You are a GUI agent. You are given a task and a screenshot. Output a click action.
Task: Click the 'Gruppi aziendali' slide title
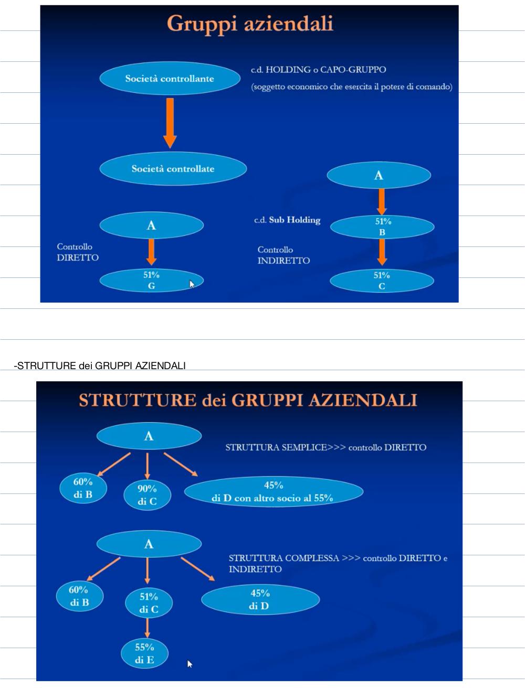[250, 24]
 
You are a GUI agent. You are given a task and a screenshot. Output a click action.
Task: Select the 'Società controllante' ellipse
[170, 78]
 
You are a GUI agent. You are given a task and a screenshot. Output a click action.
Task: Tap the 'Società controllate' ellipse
[173, 169]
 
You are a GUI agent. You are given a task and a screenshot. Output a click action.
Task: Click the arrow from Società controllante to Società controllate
[170, 123]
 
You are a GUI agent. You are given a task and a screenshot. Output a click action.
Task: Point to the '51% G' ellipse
[152, 281]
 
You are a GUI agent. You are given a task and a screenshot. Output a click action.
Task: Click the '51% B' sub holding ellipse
[382, 227]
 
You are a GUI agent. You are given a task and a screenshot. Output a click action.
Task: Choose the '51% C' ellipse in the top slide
[382, 281]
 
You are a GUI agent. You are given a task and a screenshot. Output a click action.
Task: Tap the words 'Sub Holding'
[295, 220]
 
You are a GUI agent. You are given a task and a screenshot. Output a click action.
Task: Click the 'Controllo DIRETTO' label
[78, 252]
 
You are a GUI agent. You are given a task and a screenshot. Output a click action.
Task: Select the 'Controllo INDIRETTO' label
[283, 255]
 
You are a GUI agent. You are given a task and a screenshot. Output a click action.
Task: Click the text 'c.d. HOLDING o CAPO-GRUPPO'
[319, 70]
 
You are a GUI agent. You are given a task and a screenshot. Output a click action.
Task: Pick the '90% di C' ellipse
[147, 495]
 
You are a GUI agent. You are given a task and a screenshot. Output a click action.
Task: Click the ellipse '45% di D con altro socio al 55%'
[274, 491]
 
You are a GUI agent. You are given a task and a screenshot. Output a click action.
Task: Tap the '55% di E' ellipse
[144, 653]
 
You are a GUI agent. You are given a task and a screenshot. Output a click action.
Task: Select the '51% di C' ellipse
[149, 603]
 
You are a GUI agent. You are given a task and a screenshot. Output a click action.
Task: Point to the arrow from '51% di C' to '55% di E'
[147, 628]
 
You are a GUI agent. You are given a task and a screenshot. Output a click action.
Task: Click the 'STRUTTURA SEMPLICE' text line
[325, 447]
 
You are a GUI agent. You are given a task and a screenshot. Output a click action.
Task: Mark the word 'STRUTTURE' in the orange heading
[138, 400]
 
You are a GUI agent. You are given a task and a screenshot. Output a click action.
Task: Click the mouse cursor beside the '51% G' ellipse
[192, 284]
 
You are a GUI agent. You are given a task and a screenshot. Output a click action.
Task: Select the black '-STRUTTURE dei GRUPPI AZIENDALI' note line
[100, 366]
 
